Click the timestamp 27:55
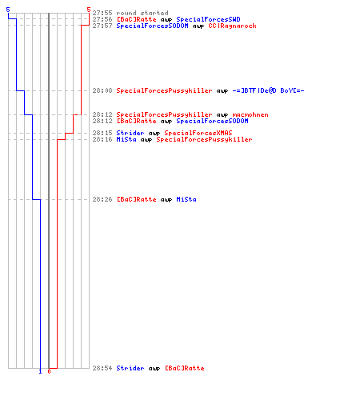click(x=102, y=13)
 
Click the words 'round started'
click(x=142, y=13)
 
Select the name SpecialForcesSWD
click(x=208, y=19)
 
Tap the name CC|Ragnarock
click(x=232, y=26)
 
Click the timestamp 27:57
click(x=102, y=26)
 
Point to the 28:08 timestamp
click(x=102, y=90)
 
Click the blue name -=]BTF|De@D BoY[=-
click(x=268, y=90)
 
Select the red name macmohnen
click(x=250, y=114)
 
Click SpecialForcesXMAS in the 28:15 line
click(x=198, y=133)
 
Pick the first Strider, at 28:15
click(x=130, y=133)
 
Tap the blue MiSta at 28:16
click(x=126, y=139)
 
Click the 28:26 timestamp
click(x=102, y=199)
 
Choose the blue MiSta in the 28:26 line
click(x=186, y=199)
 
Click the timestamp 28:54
click(x=102, y=368)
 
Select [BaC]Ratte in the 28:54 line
click(x=185, y=368)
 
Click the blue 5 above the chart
click(x=8, y=10)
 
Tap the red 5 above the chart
click(x=89, y=10)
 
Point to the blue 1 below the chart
click(x=40, y=371)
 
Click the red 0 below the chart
click(x=49, y=371)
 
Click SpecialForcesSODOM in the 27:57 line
click(x=152, y=26)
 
